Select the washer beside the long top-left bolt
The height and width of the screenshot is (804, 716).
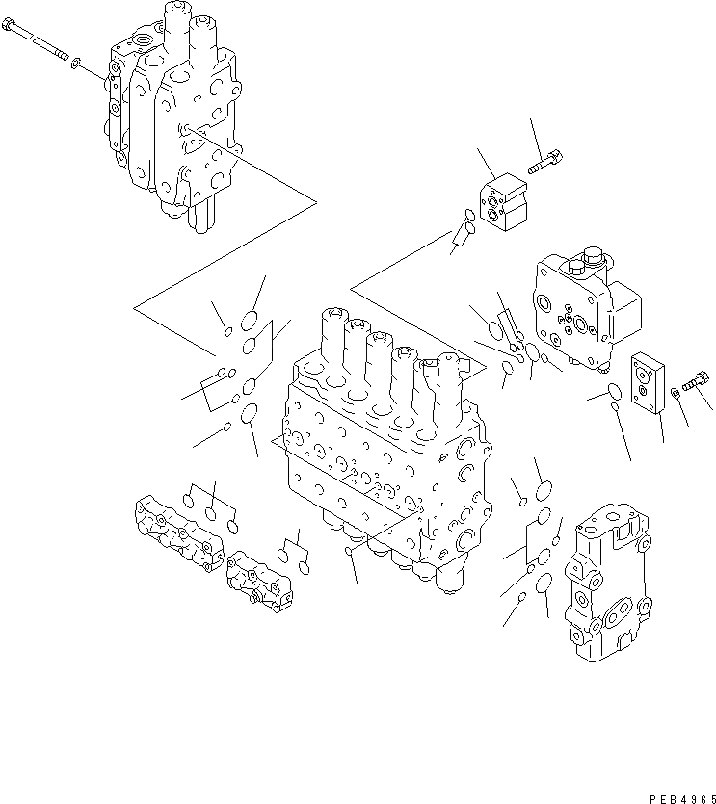tap(76, 67)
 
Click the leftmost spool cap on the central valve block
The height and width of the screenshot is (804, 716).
tap(332, 317)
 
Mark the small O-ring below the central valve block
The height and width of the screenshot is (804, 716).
tap(349, 552)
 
